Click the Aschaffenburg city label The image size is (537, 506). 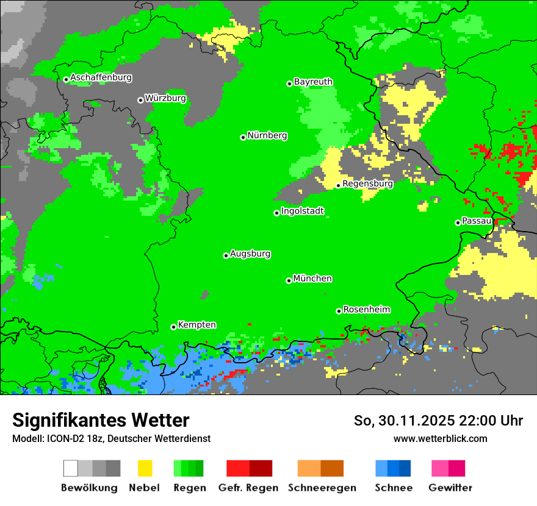point(101,77)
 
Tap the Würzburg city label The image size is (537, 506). point(165,98)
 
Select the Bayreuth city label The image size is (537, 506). point(313,82)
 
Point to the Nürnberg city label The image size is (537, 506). point(267,135)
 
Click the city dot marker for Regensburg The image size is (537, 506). point(339,185)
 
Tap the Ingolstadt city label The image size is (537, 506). point(302,211)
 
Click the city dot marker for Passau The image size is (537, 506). point(458,223)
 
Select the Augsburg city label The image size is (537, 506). point(250,254)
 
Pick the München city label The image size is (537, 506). point(312,279)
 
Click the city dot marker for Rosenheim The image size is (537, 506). point(339,311)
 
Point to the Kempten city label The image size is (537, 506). point(196,325)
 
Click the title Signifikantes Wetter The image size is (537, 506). point(101,420)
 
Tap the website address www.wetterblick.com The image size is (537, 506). point(440,438)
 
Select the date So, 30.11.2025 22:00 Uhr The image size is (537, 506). point(438,421)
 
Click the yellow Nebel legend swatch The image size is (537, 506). point(145,468)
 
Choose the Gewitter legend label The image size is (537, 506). point(450,488)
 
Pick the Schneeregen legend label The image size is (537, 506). point(322,488)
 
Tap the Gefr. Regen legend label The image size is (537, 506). point(248,488)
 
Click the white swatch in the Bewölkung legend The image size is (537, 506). point(71,468)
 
